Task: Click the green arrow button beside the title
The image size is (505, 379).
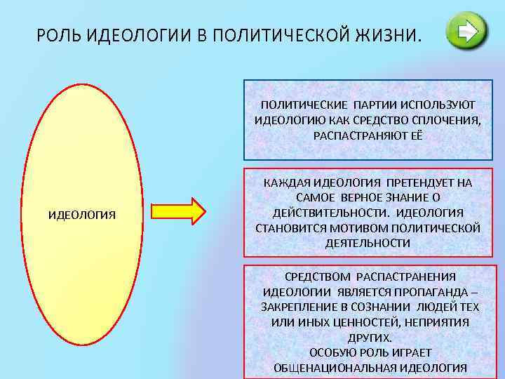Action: [466, 30]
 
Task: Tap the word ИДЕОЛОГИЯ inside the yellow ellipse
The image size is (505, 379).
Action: [81, 213]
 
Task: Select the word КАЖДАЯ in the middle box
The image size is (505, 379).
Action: [285, 183]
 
